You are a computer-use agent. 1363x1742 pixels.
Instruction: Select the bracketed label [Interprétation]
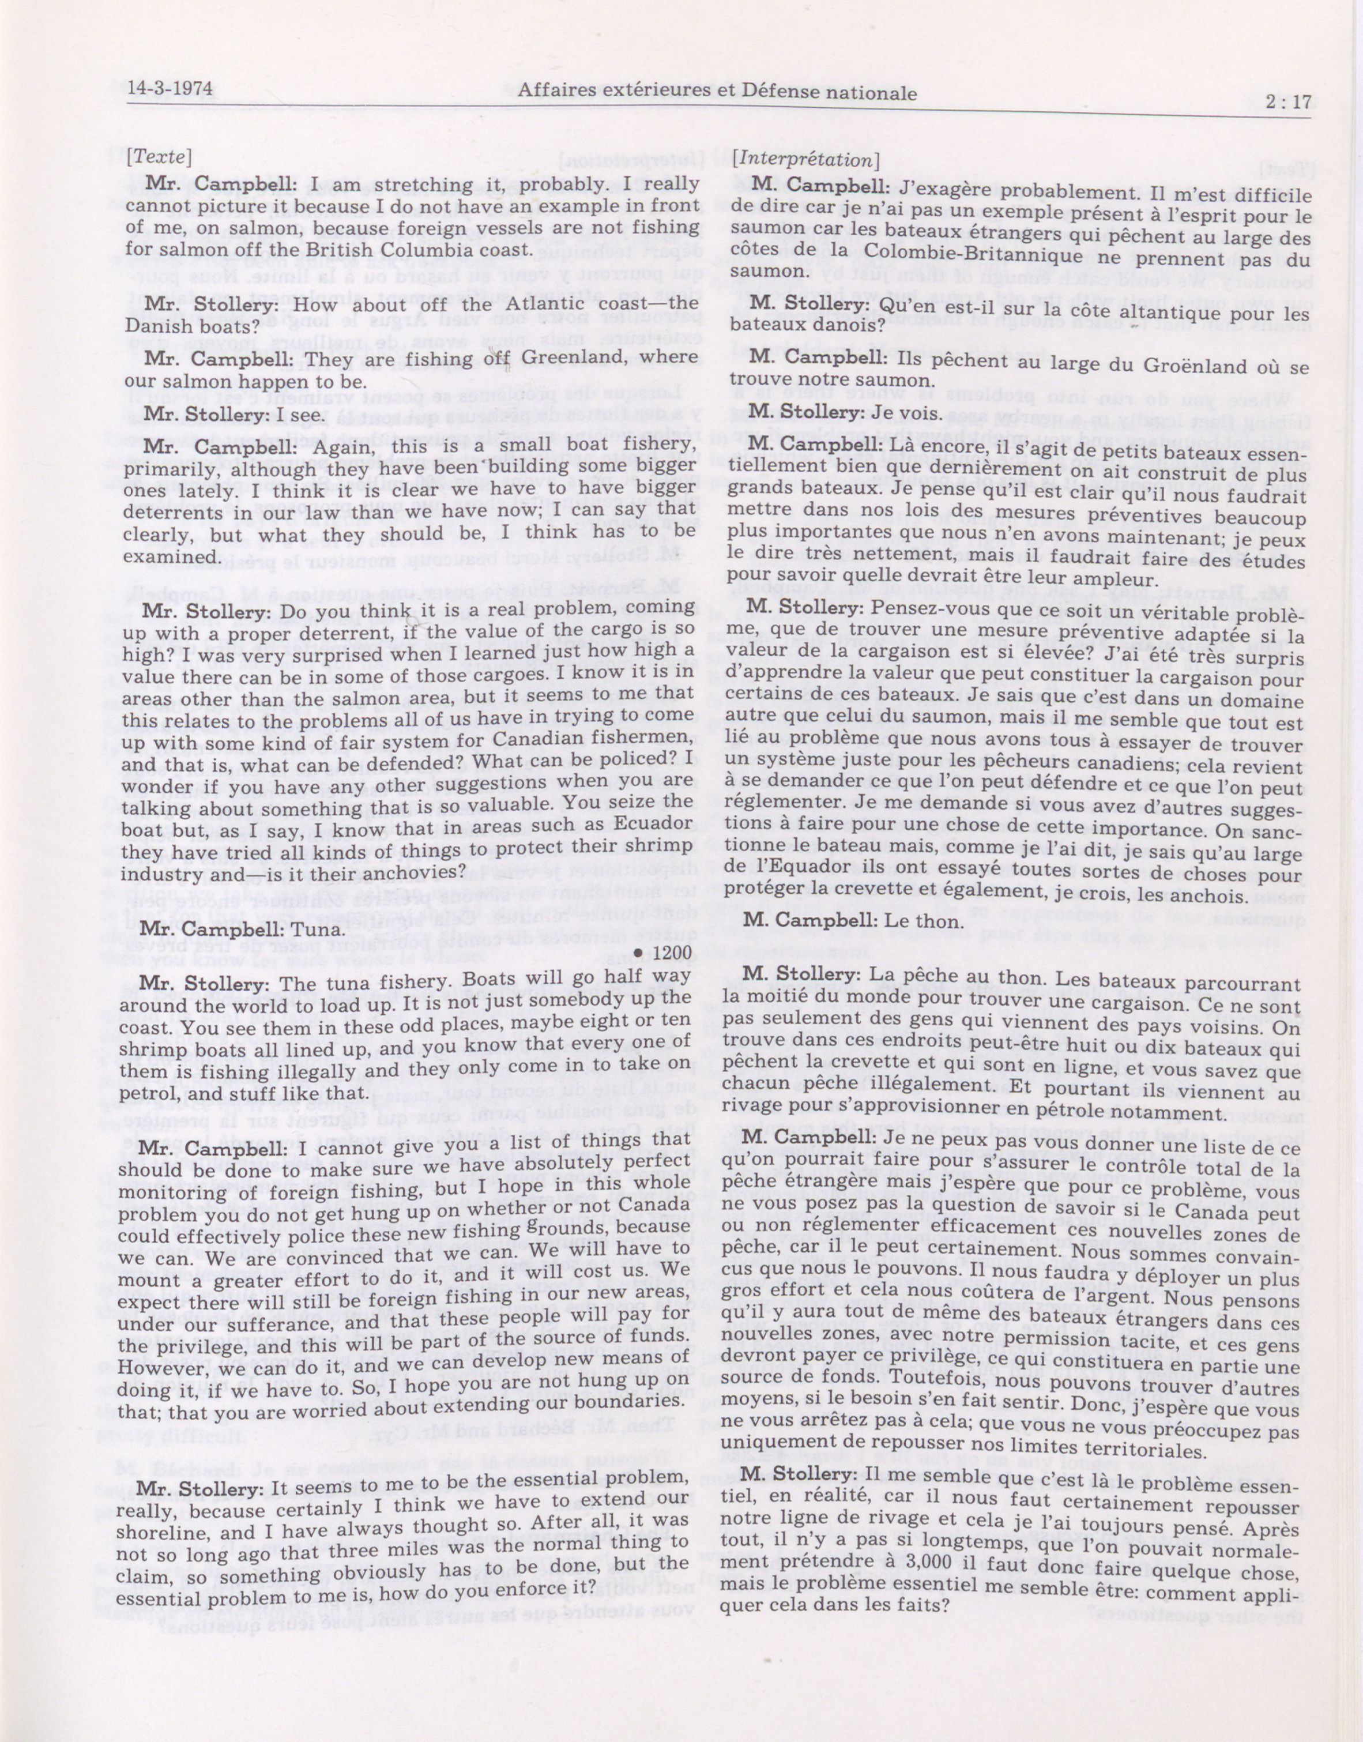[x=806, y=160]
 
